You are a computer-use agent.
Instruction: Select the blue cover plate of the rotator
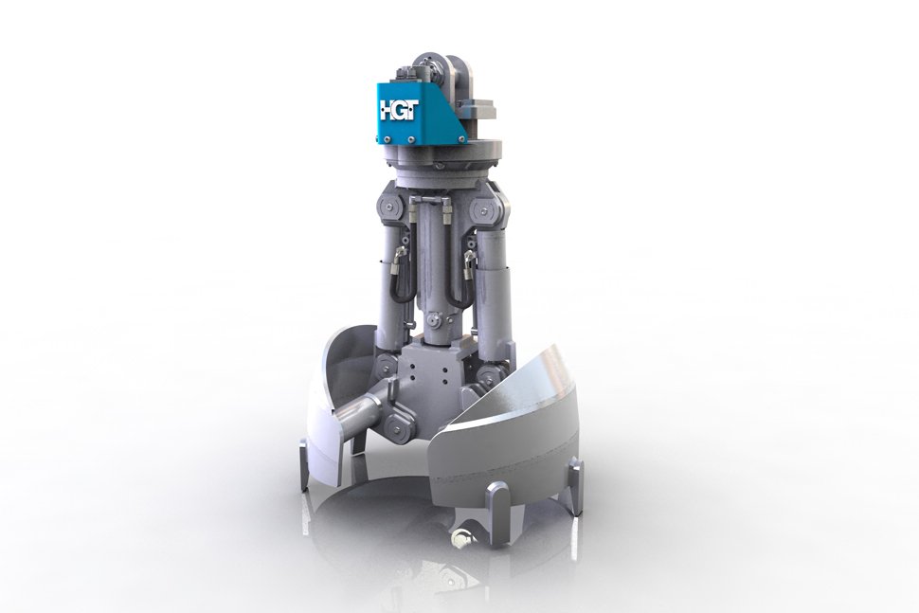426,109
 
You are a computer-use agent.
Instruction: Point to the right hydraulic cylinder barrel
494,284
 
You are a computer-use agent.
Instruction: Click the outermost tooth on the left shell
304,464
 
